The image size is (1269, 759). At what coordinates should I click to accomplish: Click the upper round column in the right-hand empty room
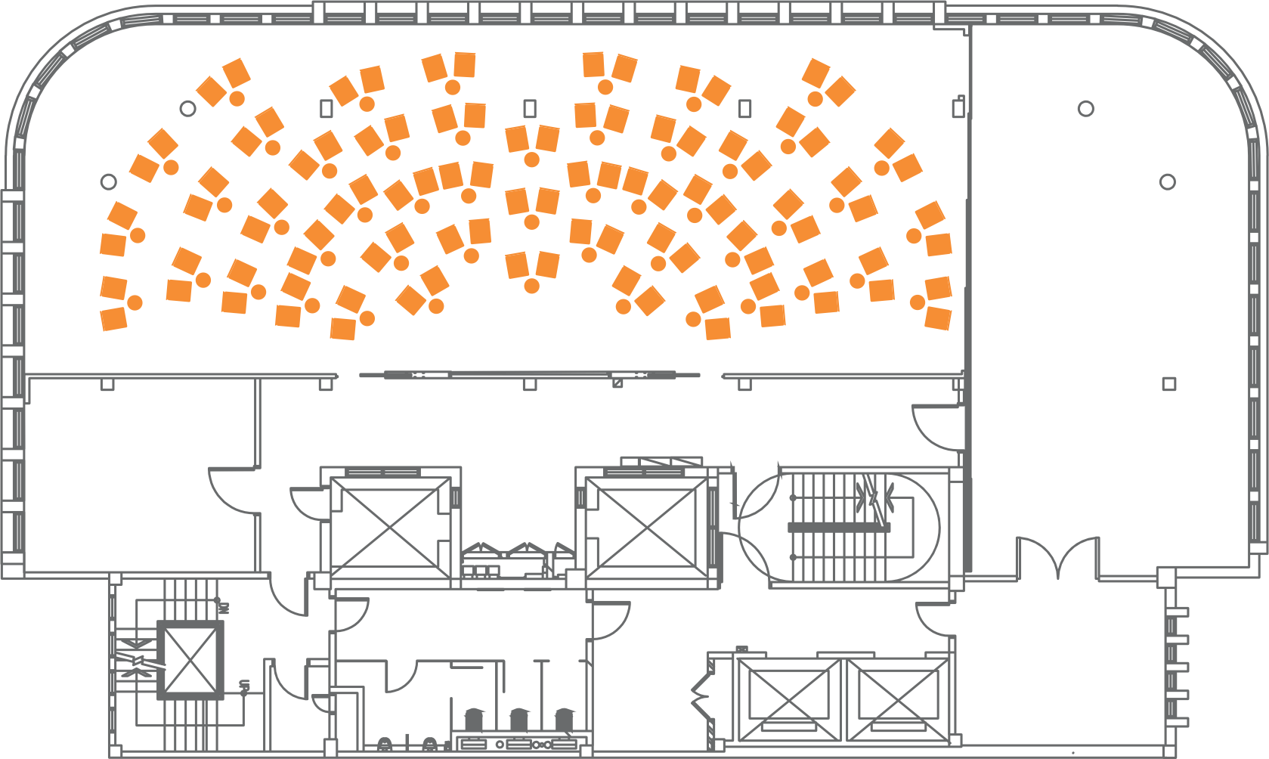point(1085,109)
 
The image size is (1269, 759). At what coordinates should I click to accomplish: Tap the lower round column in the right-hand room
point(1167,181)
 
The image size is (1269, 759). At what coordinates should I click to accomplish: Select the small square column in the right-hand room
point(1168,384)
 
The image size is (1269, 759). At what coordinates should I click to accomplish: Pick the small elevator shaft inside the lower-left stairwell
point(190,660)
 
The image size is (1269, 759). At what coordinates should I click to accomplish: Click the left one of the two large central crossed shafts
point(390,527)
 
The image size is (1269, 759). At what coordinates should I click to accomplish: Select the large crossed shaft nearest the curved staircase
point(645,527)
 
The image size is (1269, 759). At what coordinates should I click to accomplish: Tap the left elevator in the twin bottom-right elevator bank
point(789,699)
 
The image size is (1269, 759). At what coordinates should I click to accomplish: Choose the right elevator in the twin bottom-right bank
point(897,699)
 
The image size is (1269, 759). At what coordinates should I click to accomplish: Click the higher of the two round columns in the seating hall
point(187,108)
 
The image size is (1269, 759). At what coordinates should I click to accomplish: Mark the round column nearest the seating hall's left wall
point(108,181)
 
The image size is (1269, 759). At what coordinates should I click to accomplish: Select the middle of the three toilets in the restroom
point(519,719)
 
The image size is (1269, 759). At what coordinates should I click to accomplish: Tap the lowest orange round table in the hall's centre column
point(531,286)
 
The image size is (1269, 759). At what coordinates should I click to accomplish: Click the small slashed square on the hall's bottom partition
point(617,383)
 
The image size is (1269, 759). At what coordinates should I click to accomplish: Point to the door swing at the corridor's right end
point(937,427)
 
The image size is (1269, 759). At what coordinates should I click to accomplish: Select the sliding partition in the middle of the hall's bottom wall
point(529,374)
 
